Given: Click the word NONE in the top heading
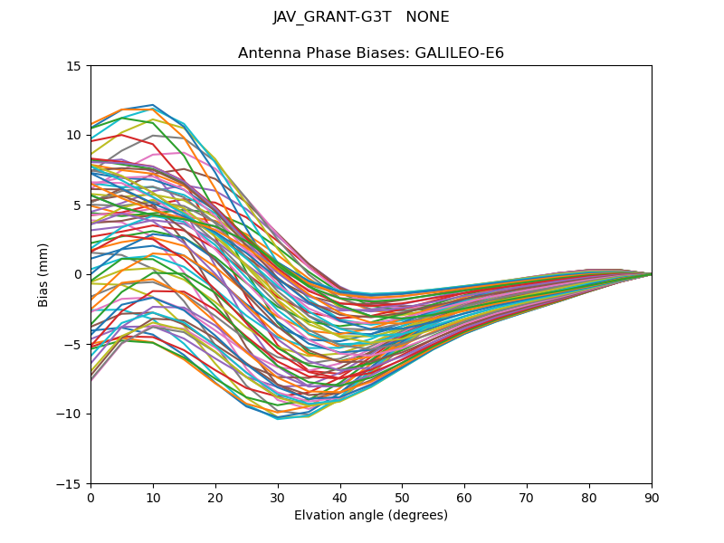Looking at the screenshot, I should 428,17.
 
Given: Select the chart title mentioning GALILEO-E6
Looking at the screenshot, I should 371,53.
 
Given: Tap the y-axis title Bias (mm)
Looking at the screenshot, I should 43,274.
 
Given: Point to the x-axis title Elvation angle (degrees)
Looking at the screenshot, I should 371,516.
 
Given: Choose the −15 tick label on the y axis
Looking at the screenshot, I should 71,484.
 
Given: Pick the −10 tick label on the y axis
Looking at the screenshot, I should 71,414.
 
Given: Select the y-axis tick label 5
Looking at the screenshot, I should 78,205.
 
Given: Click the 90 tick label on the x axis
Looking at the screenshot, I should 652,498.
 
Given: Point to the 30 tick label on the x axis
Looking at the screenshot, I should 278,498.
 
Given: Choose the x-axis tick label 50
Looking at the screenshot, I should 402,498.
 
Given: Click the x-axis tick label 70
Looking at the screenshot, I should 527,498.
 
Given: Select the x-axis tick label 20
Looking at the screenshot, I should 215,498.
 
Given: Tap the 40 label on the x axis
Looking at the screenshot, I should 340,498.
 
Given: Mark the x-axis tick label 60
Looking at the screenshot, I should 464,498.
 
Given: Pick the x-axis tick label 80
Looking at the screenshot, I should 589,498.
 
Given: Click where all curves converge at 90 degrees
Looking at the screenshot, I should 651,274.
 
